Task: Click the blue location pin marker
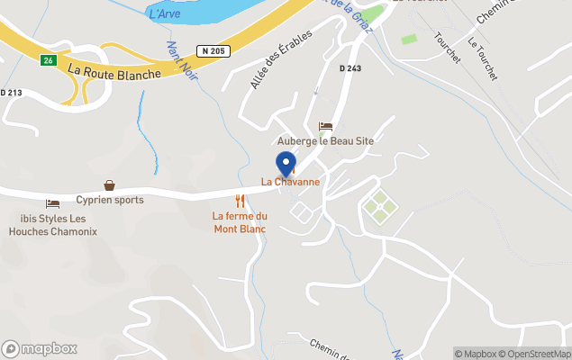286,165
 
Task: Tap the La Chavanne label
290,182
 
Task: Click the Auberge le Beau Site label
324,141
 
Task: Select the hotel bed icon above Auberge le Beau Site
325,127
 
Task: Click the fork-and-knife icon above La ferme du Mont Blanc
240,201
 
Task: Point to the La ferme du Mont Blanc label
240,221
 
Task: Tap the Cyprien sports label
109,200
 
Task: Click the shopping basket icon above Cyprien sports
109,185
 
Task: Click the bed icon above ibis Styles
52,204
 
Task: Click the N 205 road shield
214,51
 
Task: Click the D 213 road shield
10,92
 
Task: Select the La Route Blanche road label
114,70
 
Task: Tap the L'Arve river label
163,13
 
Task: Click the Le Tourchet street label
483,59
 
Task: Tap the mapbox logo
40,348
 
